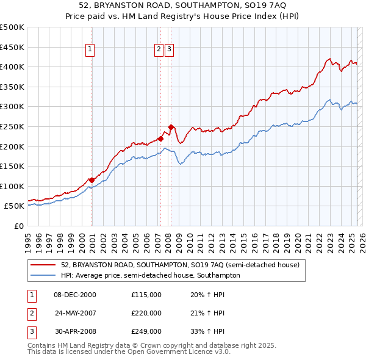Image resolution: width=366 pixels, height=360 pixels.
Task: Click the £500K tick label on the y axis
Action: coord(12,27)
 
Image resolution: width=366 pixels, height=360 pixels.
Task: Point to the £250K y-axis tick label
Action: coord(12,126)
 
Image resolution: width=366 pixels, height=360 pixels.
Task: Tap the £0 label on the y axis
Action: coord(20,226)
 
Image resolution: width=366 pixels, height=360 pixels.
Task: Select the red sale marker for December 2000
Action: coord(91,180)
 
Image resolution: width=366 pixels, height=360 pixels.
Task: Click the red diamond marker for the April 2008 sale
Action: coord(171,127)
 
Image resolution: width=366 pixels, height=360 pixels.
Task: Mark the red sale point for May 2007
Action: coord(161,139)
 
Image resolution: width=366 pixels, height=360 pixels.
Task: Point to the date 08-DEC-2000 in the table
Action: coord(75,295)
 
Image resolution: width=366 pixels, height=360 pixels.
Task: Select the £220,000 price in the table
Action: coord(146,313)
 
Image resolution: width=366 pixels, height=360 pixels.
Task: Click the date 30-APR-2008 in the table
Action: coord(75,331)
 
